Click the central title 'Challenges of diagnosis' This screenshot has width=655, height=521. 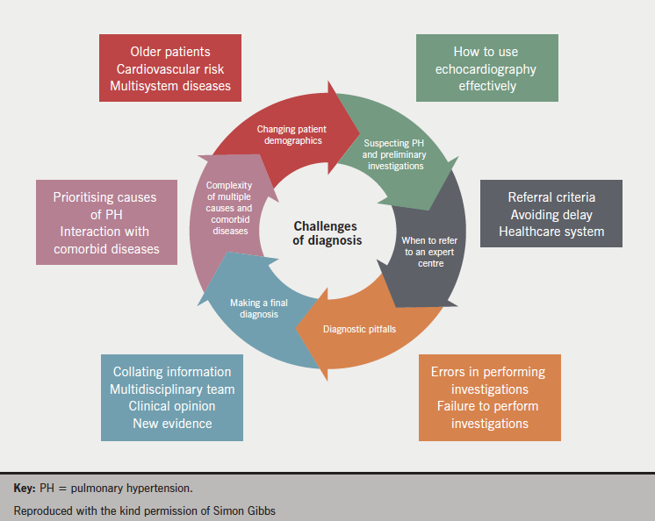(x=327, y=232)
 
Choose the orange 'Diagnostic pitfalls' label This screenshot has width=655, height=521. (x=360, y=329)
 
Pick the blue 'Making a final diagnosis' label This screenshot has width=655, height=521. (x=260, y=308)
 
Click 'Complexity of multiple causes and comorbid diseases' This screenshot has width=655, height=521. (x=229, y=208)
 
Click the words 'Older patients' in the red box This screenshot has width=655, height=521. (x=170, y=52)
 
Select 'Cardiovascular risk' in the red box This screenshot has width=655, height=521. (x=170, y=68)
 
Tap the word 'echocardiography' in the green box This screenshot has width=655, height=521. (x=486, y=68)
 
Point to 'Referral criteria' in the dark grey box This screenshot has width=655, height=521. (x=551, y=197)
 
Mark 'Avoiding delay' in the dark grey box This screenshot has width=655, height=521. (x=551, y=214)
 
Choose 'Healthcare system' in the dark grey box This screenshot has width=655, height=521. (x=551, y=231)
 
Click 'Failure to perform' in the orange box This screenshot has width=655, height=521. (x=488, y=406)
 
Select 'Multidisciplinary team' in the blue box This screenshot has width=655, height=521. (x=172, y=389)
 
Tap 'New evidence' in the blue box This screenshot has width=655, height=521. (x=172, y=424)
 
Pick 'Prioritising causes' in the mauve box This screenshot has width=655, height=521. (x=104, y=197)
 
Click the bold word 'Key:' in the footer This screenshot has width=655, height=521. (x=25, y=487)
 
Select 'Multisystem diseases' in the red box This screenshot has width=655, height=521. (x=170, y=85)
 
